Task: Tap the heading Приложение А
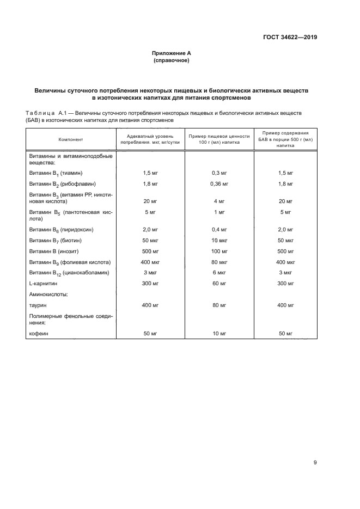pos(171,53)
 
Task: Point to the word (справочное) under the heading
pos(171,60)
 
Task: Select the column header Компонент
pos(71,139)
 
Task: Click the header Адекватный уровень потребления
pos(150,139)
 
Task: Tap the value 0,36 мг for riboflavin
pos(219,185)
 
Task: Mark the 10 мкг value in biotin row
pos(219,240)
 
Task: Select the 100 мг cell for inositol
pos(219,251)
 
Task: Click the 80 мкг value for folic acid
pos(219,262)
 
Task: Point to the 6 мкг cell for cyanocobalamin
pos(219,273)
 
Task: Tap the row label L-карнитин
pos(43,284)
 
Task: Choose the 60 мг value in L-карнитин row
pos(219,284)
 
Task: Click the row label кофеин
pos(39,333)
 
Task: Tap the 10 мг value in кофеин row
pos(219,333)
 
